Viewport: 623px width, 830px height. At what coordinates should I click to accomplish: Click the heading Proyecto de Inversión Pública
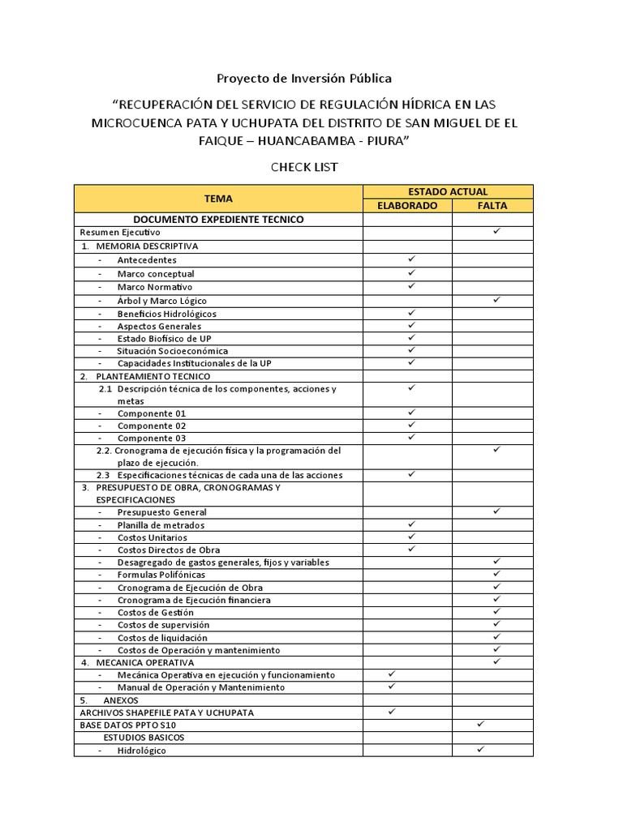tap(303, 79)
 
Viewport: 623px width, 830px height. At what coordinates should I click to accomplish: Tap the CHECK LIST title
tap(303, 167)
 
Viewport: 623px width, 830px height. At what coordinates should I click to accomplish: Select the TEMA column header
tap(218, 199)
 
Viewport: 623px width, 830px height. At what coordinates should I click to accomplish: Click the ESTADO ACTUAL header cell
tap(448, 192)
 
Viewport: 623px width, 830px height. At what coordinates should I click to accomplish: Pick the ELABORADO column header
tap(407, 206)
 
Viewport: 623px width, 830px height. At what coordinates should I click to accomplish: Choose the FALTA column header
tap(492, 206)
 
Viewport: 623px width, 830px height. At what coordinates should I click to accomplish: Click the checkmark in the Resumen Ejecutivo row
tap(496, 232)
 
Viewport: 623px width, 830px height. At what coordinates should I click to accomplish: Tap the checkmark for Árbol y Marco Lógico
tap(496, 300)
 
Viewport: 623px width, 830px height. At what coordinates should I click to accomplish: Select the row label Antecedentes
tap(147, 260)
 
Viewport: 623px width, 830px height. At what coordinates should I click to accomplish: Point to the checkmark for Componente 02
tap(411, 425)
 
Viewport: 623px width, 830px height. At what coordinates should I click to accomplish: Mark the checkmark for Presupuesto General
tap(496, 511)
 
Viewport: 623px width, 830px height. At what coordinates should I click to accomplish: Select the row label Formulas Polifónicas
tap(162, 575)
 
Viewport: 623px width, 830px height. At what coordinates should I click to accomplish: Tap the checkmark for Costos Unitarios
tap(411, 537)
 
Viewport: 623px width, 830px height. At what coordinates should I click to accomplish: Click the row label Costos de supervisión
tap(163, 625)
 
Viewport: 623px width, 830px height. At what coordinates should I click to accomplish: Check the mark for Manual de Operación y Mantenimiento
tap(392, 687)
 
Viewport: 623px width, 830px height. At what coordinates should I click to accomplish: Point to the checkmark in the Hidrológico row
tap(480, 750)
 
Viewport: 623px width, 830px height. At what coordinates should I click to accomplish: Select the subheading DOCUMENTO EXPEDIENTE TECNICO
tap(218, 220)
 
